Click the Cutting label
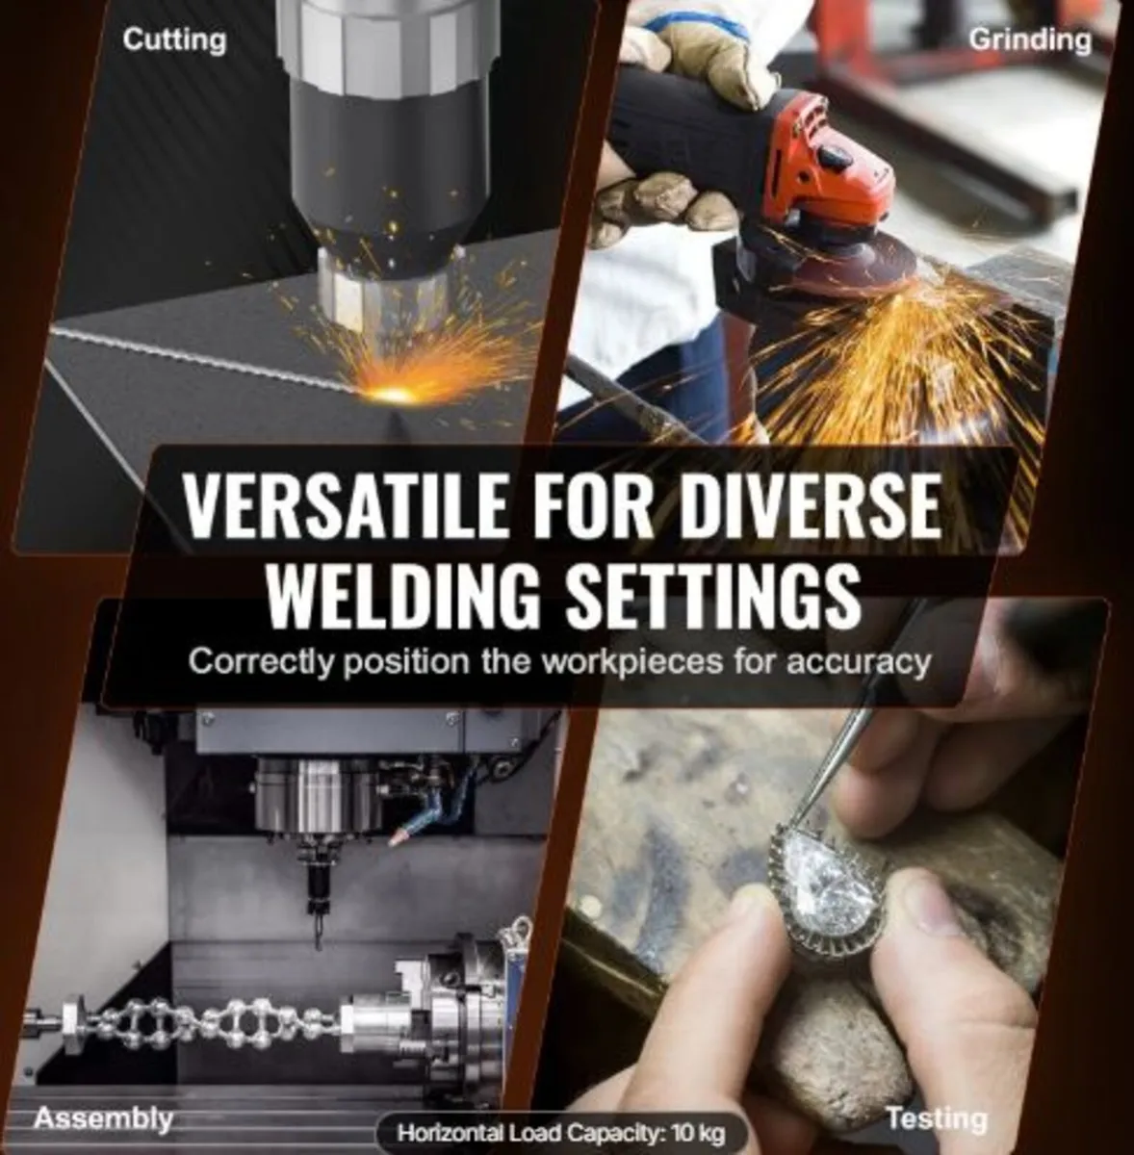(x=174, y=40)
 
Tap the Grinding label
(x=1030, y=40)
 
